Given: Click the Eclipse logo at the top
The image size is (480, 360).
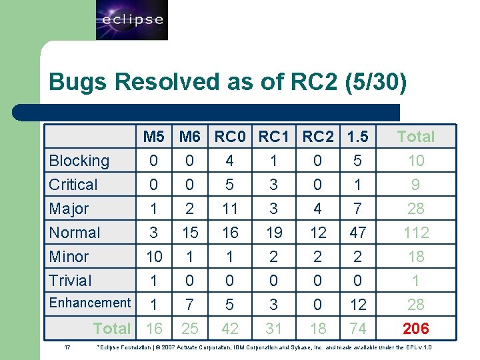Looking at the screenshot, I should coord(132,20).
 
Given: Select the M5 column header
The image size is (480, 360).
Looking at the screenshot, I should coord(154,137).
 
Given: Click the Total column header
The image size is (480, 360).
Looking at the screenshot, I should coord(415,137).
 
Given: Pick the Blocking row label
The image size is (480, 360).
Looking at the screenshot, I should coord(79,161).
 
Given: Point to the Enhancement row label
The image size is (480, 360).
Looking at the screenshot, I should coord(90,303).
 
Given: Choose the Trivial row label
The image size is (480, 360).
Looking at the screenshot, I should coord(71,281).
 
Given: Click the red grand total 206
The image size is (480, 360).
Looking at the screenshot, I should coord(415,328).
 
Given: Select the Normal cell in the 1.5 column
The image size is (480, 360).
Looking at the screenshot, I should coord(358,233).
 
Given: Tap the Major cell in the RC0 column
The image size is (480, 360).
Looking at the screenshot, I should coord(230,209).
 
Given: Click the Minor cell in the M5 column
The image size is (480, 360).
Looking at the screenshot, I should coord(154,257).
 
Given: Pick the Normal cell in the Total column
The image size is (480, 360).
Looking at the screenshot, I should coord(415,233).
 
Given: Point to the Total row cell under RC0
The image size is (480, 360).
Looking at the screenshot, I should coord(230,328).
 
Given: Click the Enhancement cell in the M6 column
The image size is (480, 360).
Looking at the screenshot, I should coord(190,305).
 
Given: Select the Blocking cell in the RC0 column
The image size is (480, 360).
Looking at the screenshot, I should coord(230,161).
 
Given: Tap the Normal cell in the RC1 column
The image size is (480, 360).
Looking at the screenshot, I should coord(273,233).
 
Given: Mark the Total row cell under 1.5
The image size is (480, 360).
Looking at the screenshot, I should coord(358,328).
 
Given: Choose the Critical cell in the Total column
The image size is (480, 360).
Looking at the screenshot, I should coord(415,185).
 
